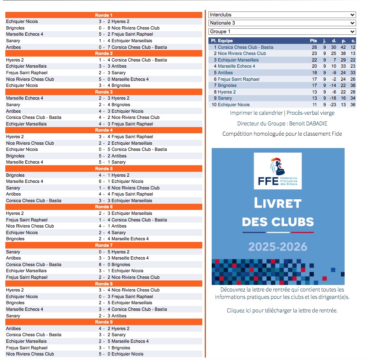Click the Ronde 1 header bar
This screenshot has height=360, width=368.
pyautogui.click(x=103, y=15)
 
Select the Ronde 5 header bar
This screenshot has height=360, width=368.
pyautogui.click(x=103, y=169)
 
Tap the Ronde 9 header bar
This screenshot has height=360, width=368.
pyautogui.click(x=103, y=322)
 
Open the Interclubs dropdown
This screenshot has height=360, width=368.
pyautogui.click(x=282, y=15)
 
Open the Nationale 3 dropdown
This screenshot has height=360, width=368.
pyautogui.click(x=282, y=23)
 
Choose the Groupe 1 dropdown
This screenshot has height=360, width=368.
pyautogui.click(x=282, y=32)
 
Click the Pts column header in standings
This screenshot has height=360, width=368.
pyautogui.click(x=313, y=41)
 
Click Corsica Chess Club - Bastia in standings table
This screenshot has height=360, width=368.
pyautogui.click(x=245, y=47)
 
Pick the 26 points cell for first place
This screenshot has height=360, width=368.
pyautogui.click(x=314, y=47)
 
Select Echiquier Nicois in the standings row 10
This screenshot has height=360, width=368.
pyautogui.click(x=233, y=105)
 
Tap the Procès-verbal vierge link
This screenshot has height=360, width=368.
pyautogui.click(x=311, y=113)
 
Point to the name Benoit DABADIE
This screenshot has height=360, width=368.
pyautogui.click(x=308, y=123)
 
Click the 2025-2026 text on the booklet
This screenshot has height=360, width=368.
pyautogui.click(x=278, y=246)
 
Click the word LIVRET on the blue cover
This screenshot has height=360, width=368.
pyautogui.click(x=278, y=203)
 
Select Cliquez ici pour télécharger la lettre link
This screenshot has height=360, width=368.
pyautogui.click(x=282, y=310)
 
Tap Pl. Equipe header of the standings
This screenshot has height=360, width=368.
pyautogui.click(x=222, y=41)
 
